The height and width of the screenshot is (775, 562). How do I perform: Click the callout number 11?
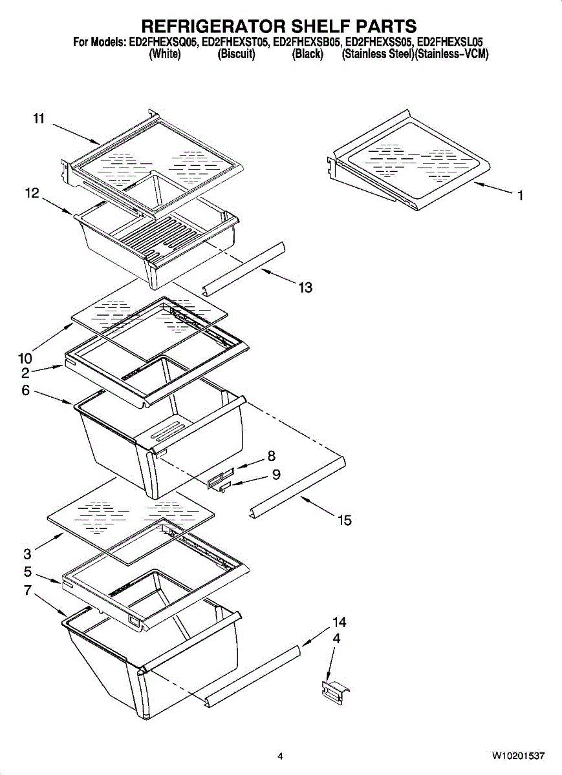coord(39,119)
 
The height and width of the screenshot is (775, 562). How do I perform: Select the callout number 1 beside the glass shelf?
coord(520,196)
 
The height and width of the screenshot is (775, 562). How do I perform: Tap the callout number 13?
coord(305,288)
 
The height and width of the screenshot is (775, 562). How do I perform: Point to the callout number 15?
coord(345,520)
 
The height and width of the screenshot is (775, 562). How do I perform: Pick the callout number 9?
coord(276,475)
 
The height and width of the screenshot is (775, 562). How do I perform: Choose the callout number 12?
coord(32,193)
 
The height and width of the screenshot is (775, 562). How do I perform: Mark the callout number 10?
coord(25,358)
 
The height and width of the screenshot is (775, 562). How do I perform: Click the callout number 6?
coord(25,390)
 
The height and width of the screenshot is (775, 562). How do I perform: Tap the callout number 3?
coord(27,553)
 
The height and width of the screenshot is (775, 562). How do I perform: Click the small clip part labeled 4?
coord(335,693)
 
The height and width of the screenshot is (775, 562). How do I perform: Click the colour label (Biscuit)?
coord(236,54)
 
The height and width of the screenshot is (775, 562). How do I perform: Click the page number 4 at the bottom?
coord(280,756)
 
